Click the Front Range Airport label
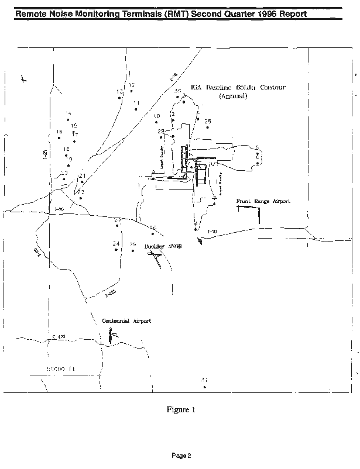point(263,201)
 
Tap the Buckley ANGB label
point(163,247)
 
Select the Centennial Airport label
point(126,321)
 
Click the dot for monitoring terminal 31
point(204,387)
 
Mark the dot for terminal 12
point(131,91)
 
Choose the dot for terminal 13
point(119,98)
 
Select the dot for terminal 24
point(116,250)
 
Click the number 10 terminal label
point(156,116)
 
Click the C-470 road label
point(59,337)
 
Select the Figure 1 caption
point(180,410)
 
